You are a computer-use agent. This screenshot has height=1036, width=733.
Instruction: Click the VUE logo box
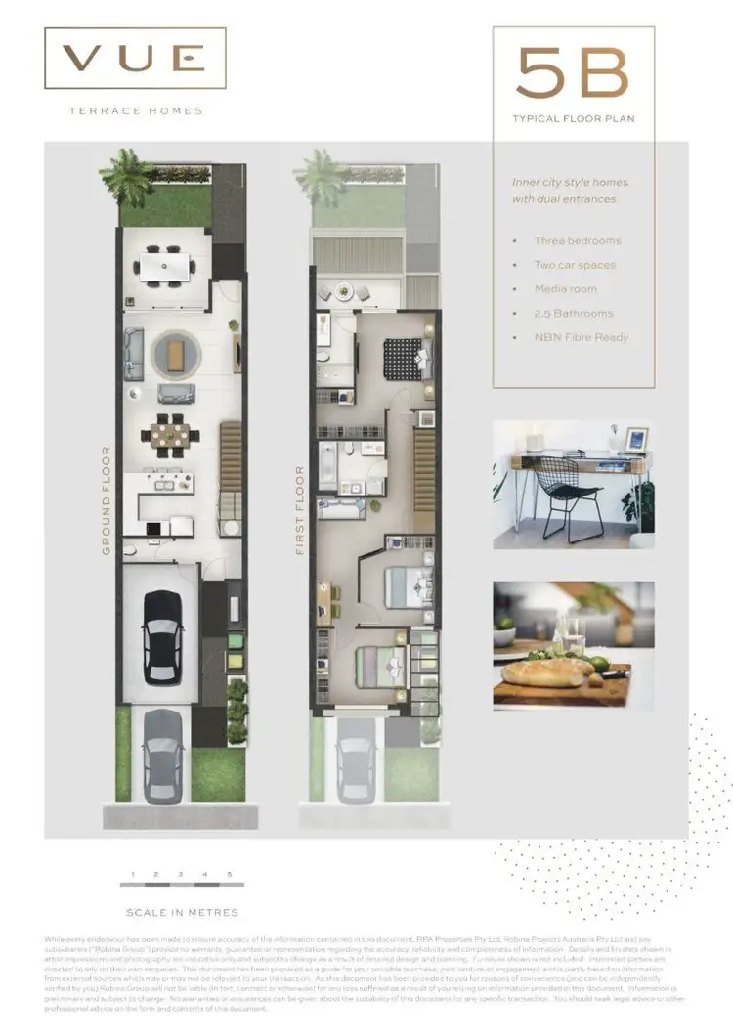pos(135,60)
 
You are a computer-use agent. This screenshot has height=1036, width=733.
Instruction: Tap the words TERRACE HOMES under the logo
pos(136,111)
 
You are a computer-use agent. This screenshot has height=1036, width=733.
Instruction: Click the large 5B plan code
pos(572,73)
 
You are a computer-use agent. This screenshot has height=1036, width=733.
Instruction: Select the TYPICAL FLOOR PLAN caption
pos(572,120)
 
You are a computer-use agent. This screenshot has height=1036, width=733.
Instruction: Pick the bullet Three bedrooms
pos(577,240)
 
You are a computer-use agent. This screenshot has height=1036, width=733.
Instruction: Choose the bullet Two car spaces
pos(575,265)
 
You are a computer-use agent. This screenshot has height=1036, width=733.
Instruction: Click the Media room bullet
pos(565,289)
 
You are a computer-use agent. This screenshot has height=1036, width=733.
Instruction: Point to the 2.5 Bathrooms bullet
pos(574,314)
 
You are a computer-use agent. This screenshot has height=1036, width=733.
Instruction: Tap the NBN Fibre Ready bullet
pos(581,337)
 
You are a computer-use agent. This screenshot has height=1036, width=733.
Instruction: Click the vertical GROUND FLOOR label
pos(106,500)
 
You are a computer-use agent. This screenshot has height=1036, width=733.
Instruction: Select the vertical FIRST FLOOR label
pos(300,510)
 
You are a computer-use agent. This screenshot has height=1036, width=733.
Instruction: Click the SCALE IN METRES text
pos(182,912)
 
